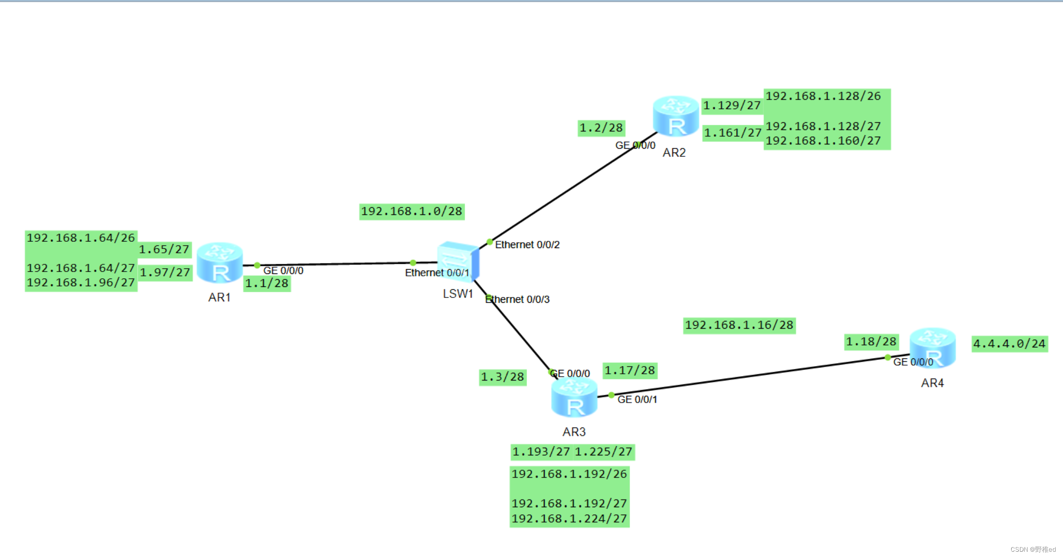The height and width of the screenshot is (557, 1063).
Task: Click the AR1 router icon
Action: click(x=220, y=263)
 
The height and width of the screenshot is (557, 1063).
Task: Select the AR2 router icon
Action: click(x=676, y=116)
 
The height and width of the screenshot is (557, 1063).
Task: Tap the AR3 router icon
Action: click(x=574, y=397)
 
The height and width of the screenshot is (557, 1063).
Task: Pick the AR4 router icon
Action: click(x=932, y=348)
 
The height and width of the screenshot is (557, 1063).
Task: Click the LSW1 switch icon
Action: click(x=458, y=262)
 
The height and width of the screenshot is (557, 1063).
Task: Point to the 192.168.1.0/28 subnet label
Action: click(x=412, y=212)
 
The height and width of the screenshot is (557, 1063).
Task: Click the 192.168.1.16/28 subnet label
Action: click(x=739, y=325)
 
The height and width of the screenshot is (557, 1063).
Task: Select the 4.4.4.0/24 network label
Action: click(x=1009, y=344)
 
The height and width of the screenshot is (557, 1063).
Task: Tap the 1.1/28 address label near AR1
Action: click(x=267, y=284)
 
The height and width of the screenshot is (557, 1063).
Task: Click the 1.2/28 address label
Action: click(x=601, y=128)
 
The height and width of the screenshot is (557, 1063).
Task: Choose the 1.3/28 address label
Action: click(x=502, y=377)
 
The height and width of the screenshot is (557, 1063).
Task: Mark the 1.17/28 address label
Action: click(x=630, y=370)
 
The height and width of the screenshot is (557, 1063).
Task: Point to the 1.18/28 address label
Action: click(x=871, y=342)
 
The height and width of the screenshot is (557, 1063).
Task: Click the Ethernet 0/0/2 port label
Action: click(x=527, y=245)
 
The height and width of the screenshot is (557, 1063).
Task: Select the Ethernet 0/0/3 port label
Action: click(x=517, y=299)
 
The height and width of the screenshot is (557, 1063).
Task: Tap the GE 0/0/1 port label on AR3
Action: click(x=637, y=399)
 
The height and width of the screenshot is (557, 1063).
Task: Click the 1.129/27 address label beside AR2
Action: click(x=732, y=106)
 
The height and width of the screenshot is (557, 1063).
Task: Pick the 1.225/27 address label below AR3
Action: click(x=603, y=452)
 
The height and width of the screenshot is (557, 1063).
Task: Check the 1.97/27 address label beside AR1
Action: click(x=165, y=273)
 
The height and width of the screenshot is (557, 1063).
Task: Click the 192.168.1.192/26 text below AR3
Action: click(x=569, y=474)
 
